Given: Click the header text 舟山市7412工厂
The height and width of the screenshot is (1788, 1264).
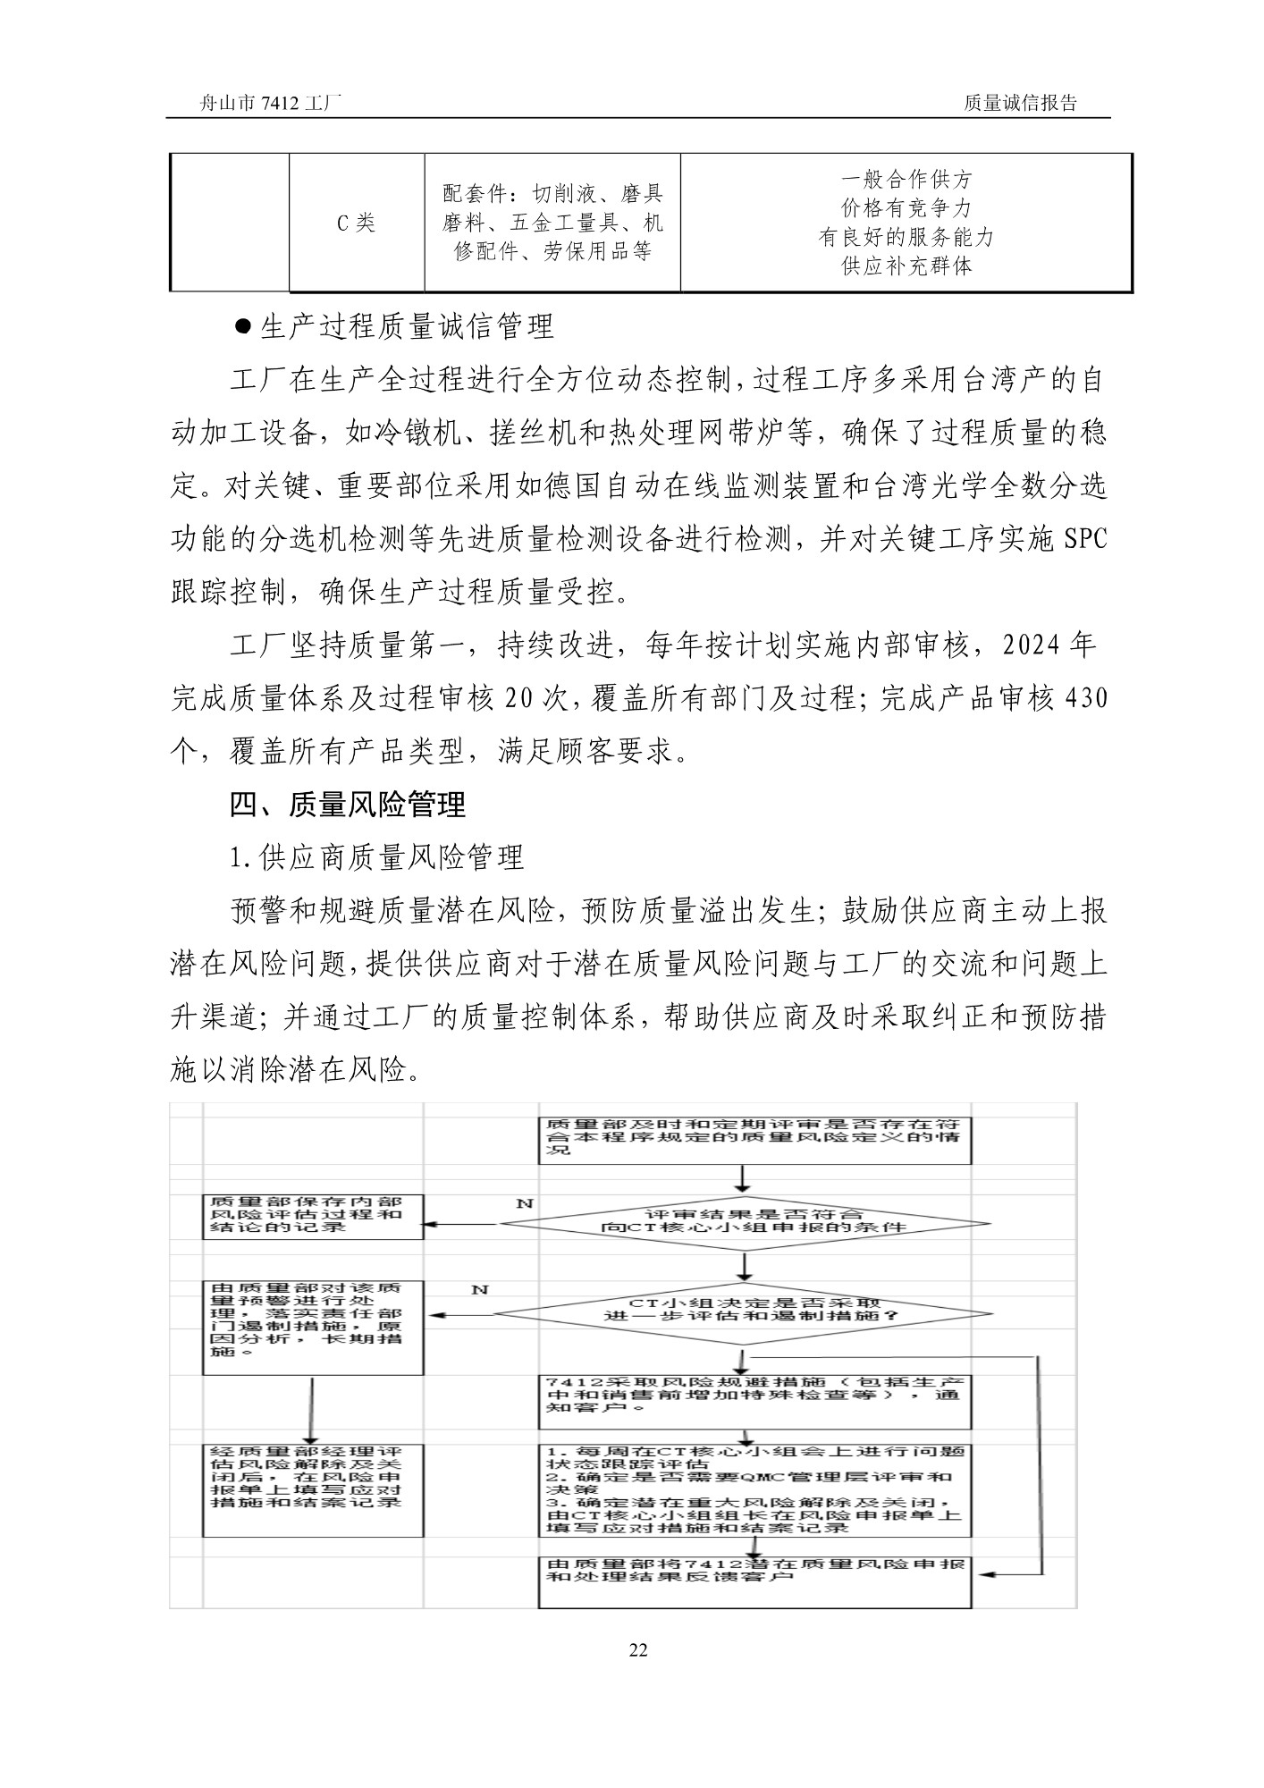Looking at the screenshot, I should (x=270, y=103).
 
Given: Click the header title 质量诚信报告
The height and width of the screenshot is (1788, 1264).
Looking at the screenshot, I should (x=1020, y=103).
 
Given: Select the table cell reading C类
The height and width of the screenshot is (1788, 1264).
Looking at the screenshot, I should (x=356, y=223).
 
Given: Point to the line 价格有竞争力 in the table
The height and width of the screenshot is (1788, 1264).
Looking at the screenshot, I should (x=906, y=208).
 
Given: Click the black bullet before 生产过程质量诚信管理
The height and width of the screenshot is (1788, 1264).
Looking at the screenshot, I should (x=242, y=325).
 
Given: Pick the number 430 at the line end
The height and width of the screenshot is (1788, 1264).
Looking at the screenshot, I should (x=1087, y=698).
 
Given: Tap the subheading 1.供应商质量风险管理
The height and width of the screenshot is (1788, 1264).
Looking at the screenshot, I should (x=376, y=858).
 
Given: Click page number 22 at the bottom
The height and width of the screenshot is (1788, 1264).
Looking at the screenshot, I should (x=637, y=1649).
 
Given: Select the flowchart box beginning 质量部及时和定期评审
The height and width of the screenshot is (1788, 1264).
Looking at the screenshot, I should (x=754, y=1138).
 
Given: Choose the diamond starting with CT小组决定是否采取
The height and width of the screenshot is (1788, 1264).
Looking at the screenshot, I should (x=744, y=1311).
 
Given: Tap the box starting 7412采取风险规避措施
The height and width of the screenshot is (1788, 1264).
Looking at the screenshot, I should (x=754, y=1400).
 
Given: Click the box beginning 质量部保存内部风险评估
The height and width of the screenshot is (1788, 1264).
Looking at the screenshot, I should (x=313, y=1215).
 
